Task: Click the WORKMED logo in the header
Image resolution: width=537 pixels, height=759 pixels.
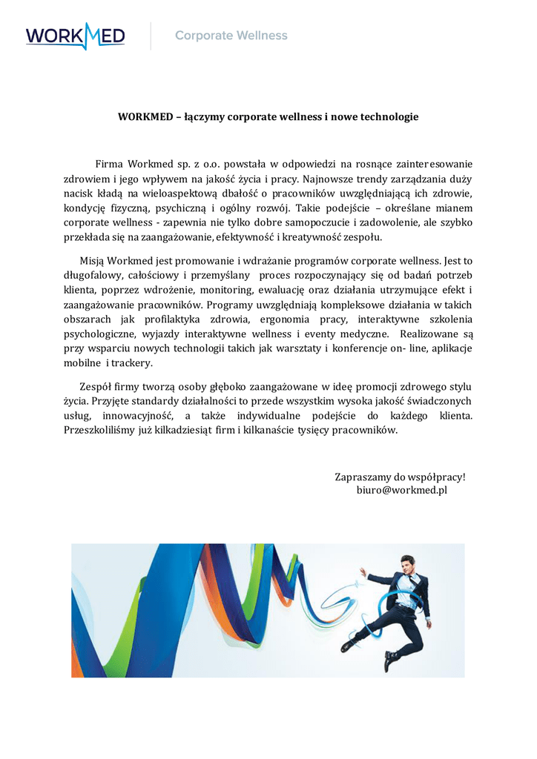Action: pos(75,36)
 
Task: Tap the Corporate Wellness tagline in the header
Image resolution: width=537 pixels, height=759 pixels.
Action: pos(231,36)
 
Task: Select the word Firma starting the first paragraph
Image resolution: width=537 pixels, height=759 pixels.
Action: pos(109,163)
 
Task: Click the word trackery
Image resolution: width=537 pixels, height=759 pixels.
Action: pos(133,363)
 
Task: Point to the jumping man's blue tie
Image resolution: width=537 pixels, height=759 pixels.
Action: pos(410,589)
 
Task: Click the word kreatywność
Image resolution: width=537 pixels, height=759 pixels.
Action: pos(320,237)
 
